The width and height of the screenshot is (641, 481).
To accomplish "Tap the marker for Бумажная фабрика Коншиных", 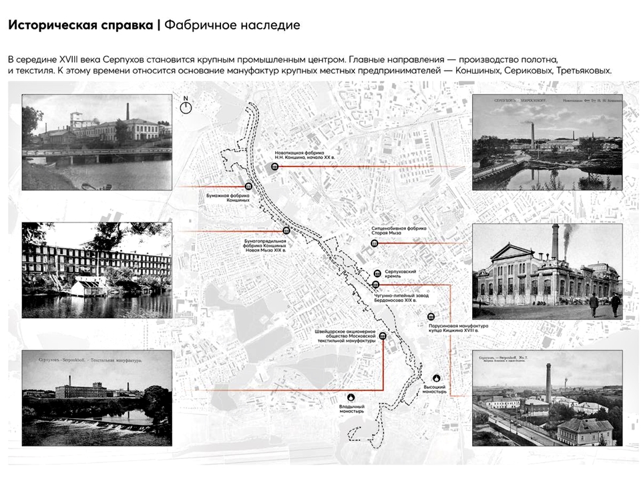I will point(248,187).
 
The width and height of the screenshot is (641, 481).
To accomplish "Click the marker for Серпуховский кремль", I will point(378,273).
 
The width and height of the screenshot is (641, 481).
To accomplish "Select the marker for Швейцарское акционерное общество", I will point(383,336).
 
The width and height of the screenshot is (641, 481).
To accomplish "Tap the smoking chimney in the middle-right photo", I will point(555,244).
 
